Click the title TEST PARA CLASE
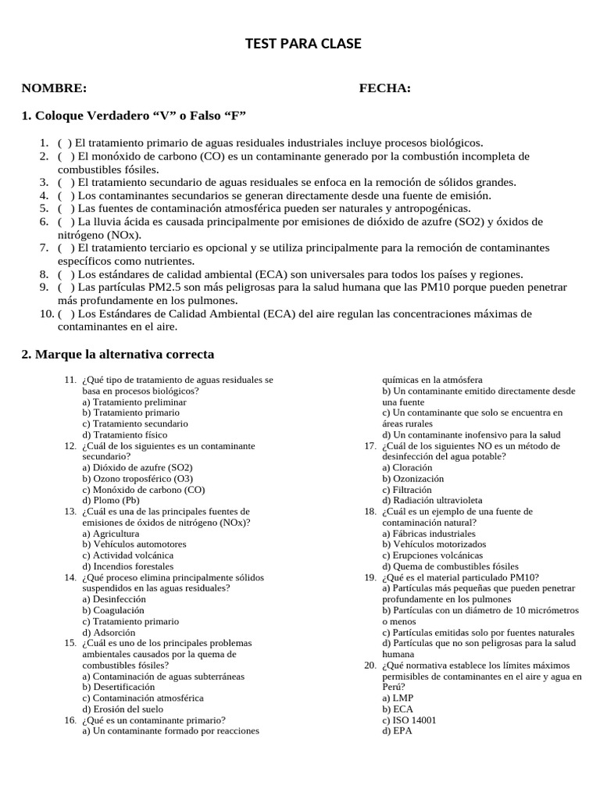(303, 45)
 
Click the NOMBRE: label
(54, 88)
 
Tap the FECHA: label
(384, 88)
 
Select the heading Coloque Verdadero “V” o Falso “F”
(134, 116)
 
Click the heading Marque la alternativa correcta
(117, 354)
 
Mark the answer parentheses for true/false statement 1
(65, 143)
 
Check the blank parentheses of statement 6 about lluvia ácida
(65, 222)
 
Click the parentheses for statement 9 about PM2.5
(65, 287)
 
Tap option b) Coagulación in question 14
(113, 609)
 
